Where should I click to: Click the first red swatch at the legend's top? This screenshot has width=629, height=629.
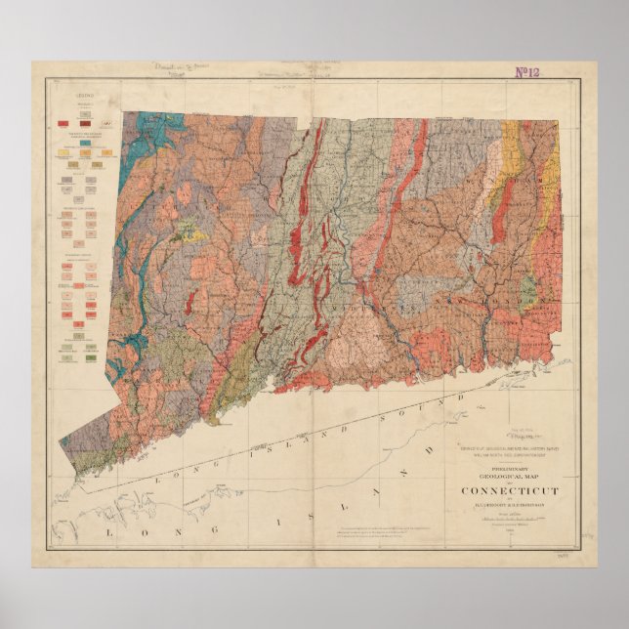(63, 123)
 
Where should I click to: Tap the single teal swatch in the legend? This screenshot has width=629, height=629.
(86, 144)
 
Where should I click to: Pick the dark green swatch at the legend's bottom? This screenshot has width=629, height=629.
(90, 357)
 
